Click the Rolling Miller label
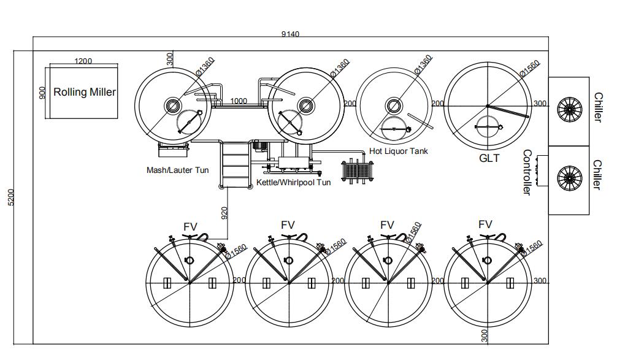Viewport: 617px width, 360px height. [85, 92]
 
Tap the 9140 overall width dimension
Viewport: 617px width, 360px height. [290, 34]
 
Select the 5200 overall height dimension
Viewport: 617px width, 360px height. [10, 197]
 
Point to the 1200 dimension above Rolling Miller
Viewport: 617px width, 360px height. [83, 61]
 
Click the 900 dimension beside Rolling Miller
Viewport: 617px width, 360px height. [42, 93]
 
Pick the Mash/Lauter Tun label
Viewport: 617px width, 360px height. [177, 170]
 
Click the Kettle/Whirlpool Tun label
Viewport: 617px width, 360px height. [294, 182]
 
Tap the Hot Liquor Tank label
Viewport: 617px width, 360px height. [399, 151]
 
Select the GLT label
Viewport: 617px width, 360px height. [489, 158]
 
